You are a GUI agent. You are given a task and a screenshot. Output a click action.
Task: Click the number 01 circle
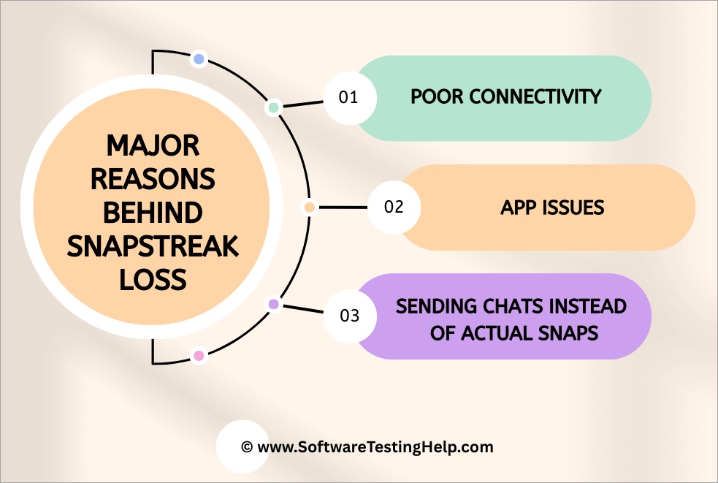pos(349,97)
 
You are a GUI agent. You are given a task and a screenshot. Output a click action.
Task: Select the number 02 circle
pos(394,207)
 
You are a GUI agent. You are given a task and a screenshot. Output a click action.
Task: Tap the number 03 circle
pos(350,316)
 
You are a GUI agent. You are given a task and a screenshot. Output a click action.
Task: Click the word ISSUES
pos(575,208)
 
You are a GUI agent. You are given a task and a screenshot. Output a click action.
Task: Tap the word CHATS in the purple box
pos(497,306)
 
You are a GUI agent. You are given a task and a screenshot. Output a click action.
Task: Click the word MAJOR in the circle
pos(153,146)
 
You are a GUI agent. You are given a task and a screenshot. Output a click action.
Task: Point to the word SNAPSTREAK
pos(153,247)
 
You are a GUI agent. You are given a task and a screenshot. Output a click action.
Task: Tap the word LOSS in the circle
pos(153,281)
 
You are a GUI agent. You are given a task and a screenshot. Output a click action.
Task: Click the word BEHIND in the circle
pos(153,213)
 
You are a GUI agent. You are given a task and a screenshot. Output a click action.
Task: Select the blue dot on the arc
pos(199,59)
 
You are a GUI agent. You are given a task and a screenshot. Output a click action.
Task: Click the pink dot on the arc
pos(198,356)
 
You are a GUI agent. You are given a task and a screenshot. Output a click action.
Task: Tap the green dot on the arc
pos(274,107)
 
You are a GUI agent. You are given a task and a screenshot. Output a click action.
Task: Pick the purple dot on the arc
pos(274,303)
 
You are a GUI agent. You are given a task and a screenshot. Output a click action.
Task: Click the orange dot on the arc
pos(309,208)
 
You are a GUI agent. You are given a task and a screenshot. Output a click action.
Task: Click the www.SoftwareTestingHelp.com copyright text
pos(367,446)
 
